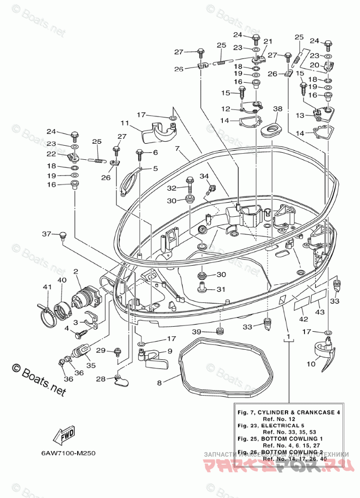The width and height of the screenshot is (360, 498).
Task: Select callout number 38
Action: [277, 108]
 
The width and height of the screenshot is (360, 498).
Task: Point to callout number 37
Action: [46, 234]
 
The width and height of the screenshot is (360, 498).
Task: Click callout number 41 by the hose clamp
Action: [47, 287]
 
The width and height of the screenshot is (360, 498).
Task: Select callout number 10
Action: [311, 363]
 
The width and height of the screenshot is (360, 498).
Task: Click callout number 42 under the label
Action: [303, 319]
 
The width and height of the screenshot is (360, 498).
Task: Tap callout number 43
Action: [319, 313]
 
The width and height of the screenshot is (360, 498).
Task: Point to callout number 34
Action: [203, 176]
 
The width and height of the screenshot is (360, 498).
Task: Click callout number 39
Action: [196, 331]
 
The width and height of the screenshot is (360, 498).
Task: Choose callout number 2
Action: [76, 272]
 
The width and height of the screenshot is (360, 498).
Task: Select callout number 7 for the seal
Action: [177, 149]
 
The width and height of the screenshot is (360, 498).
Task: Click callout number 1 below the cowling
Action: [288, 336]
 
